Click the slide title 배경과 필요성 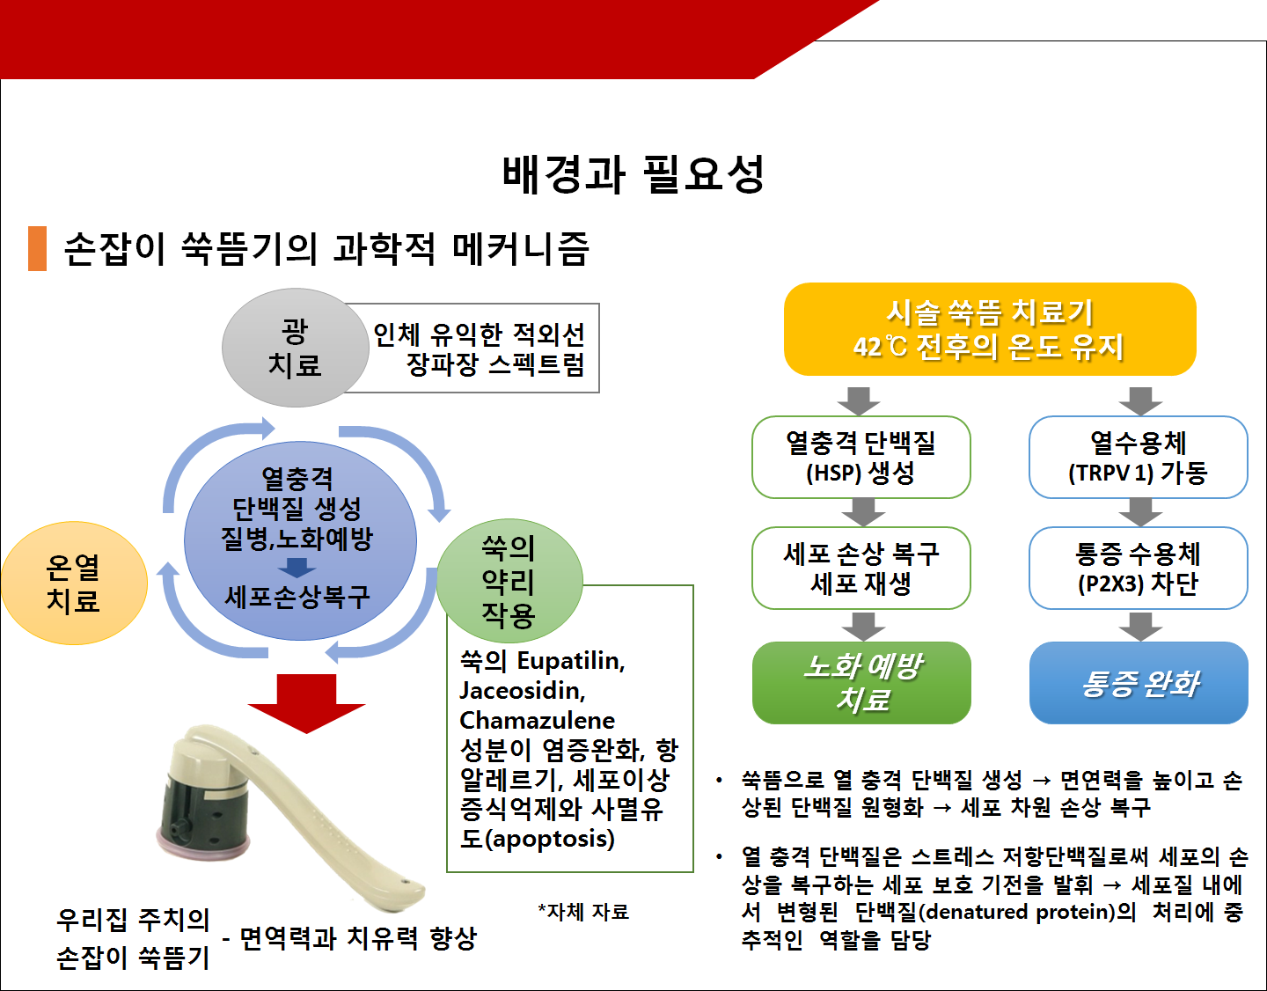click(633, 173)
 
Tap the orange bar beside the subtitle click(37, 248)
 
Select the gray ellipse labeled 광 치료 click(295, 348)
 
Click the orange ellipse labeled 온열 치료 click(73, 583)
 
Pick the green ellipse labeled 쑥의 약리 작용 click(509, 581)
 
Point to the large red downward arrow click(307, 703)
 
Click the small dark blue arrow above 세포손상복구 click(297, 568)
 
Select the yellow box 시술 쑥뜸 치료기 click(990, 329)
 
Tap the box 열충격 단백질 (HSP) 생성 click(861, 457)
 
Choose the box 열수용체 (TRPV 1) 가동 click(1139, 457)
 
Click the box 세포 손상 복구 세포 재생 click(861, 568)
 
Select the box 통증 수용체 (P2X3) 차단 click(1139, 568)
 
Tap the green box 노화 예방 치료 click(861, 683)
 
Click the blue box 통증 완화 click(1139, 683)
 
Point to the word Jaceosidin click(523, 691)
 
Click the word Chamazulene click(537, 721)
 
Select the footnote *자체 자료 click(583, 912)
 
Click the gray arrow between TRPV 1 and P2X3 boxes click(1140, 512)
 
